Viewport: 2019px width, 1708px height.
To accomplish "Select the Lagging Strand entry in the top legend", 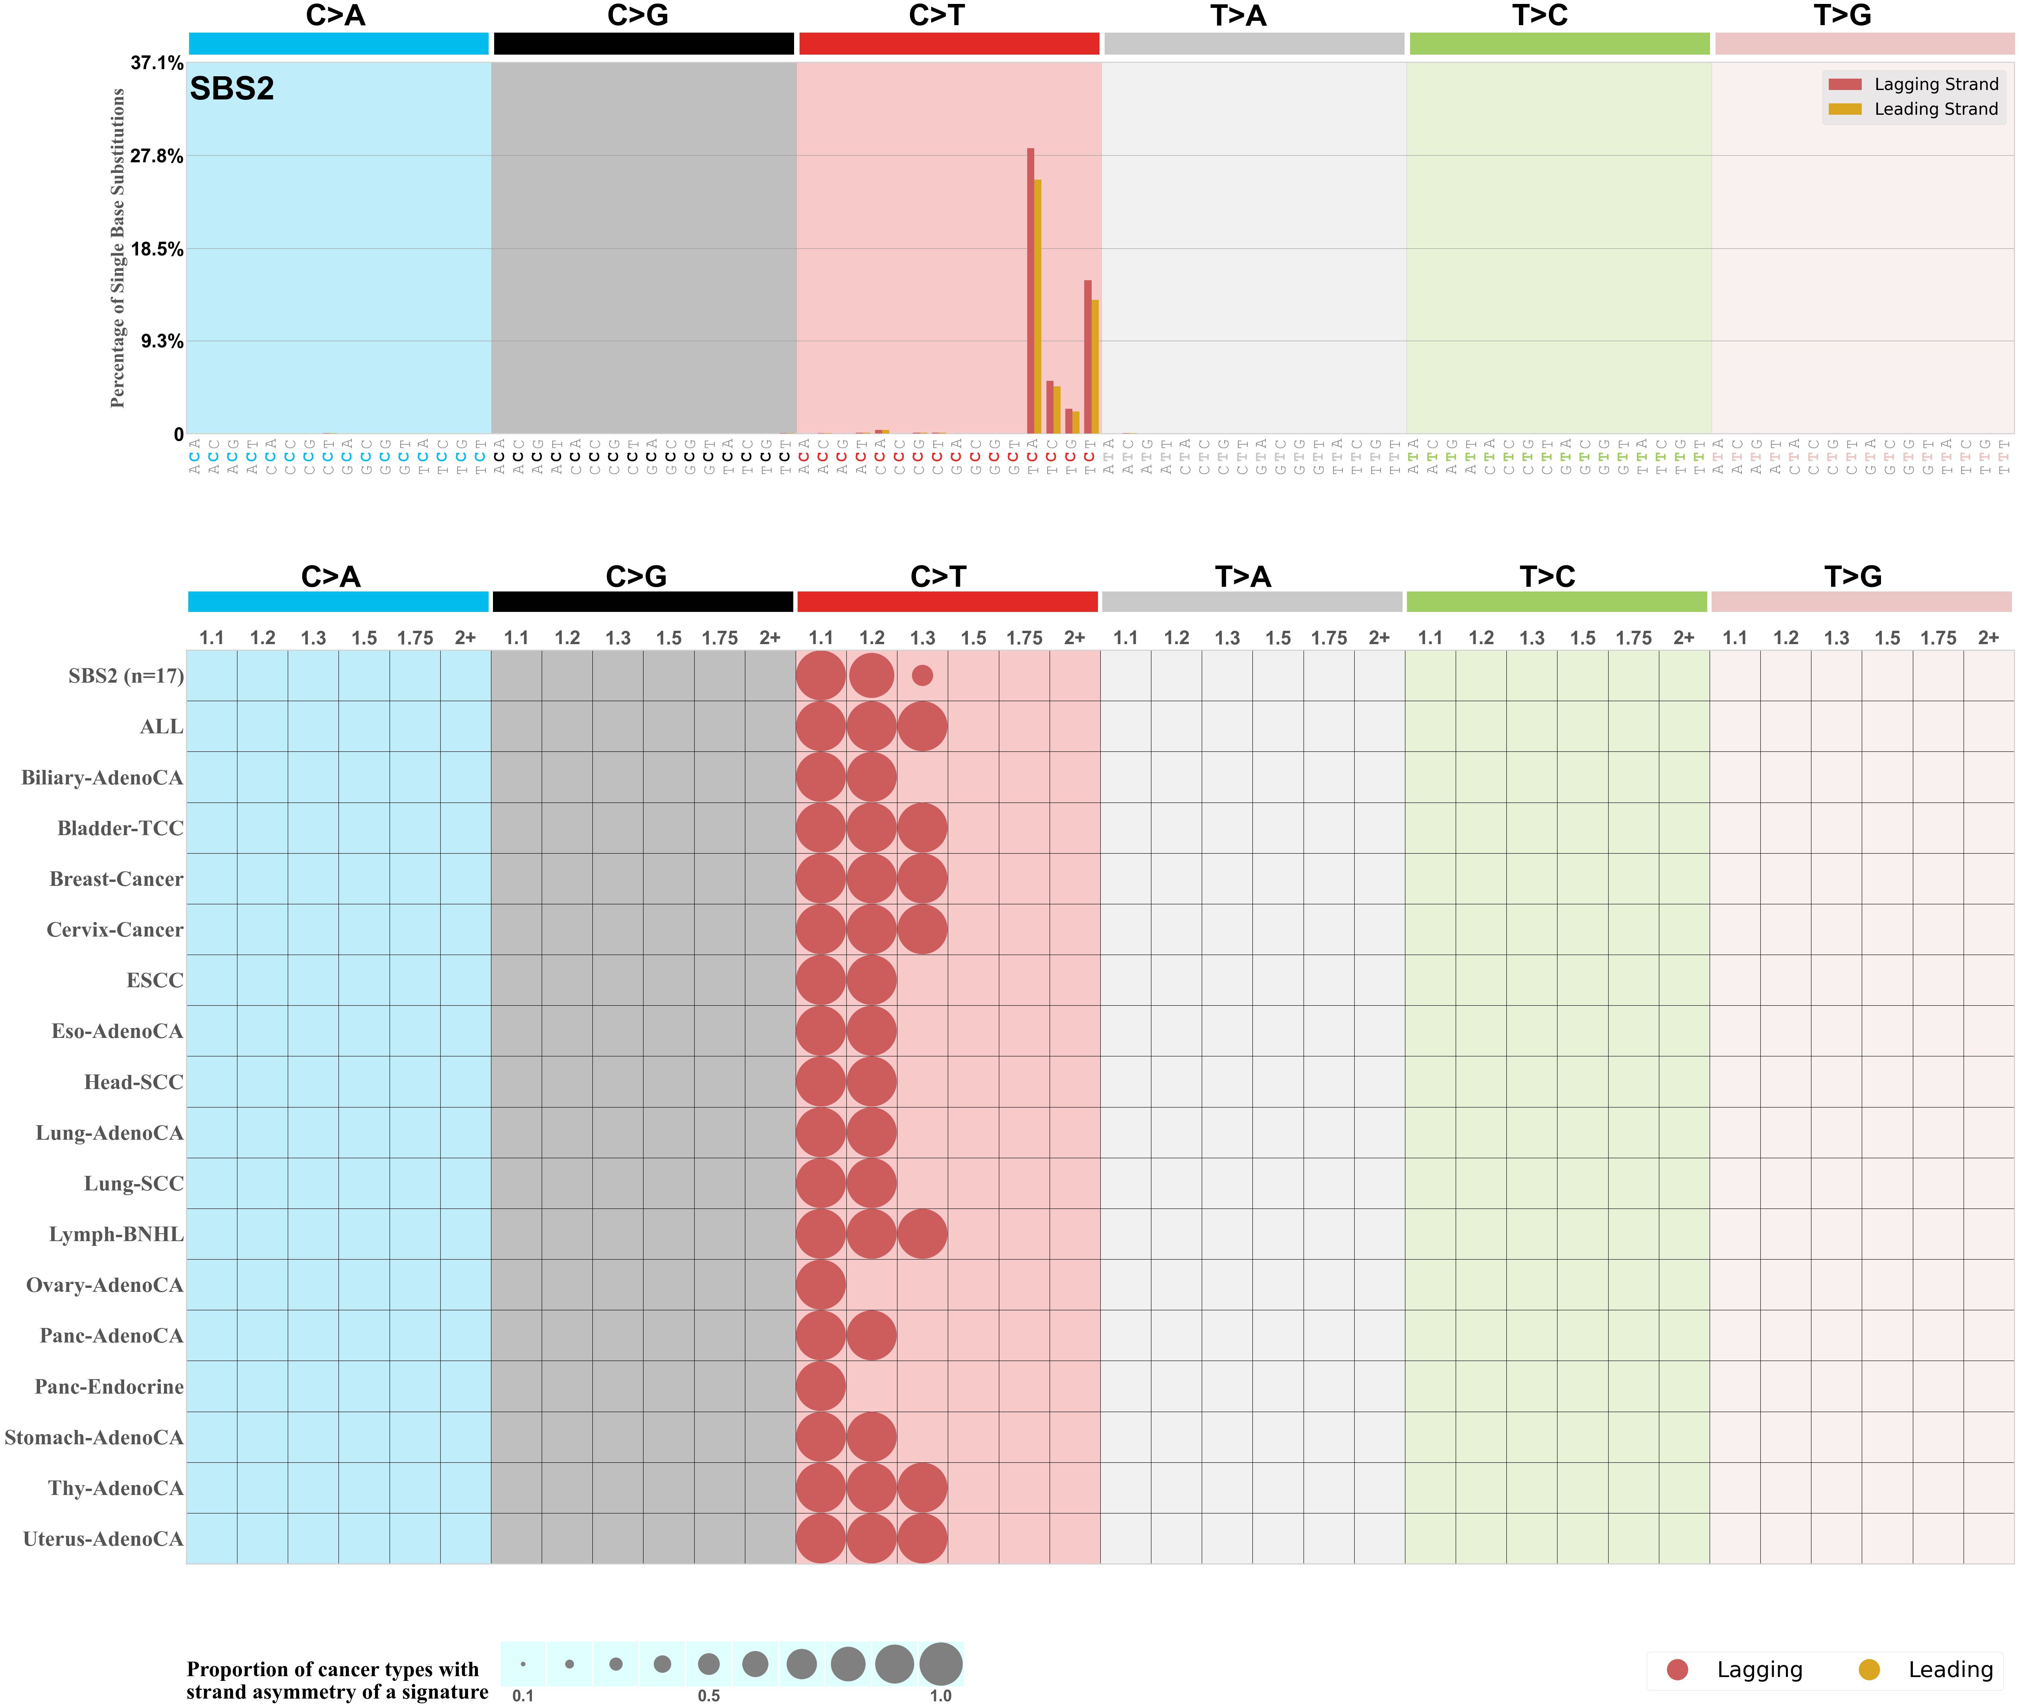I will [x=1935, y=84].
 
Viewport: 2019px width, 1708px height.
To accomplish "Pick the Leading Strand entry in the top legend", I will [x=1935, y=109].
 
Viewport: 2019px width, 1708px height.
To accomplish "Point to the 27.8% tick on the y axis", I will [x=157, y=156].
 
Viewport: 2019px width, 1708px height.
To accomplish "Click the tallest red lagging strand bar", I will [x=1030, y=290].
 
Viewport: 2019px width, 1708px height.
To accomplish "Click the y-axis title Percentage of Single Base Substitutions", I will [x=118, y=248].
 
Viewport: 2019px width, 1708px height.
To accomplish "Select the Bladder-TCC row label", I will [x=120, y=829].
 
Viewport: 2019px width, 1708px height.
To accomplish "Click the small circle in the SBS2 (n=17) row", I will [x=922, y=676].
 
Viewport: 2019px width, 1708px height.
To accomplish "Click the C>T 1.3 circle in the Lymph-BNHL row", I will [x=922, y=1234].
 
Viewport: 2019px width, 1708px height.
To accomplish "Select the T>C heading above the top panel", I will [x=1540, y=15].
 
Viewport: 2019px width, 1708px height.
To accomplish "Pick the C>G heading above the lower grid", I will [x=636, y=577].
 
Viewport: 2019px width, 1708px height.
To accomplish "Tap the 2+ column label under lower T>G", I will [x=1988, y=638].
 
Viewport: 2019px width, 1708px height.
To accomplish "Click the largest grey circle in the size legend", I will [x=940, y=1664].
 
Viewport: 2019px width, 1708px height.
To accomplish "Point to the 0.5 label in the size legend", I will [x=709, y=1695].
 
